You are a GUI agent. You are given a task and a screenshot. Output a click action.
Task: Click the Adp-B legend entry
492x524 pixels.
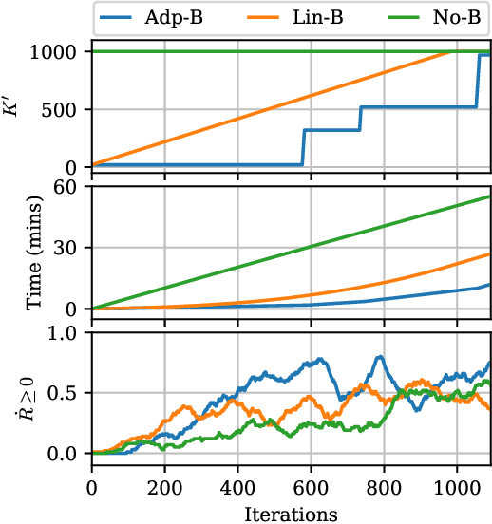click(161, 16)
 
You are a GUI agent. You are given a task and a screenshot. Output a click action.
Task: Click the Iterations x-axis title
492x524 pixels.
click(291, 514)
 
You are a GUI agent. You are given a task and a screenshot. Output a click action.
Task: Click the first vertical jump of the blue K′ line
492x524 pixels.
click(303, 147)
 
